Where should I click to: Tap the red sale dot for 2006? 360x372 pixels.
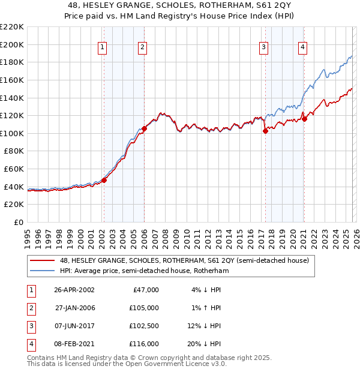(x=144, y=128)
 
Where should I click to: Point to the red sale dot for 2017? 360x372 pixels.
(x=265, y=131)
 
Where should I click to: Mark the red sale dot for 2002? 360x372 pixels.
(x=104, y=179)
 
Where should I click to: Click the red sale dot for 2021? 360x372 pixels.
(x=304, y=119)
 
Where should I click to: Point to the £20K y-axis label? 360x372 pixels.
(x=14, y=205)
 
